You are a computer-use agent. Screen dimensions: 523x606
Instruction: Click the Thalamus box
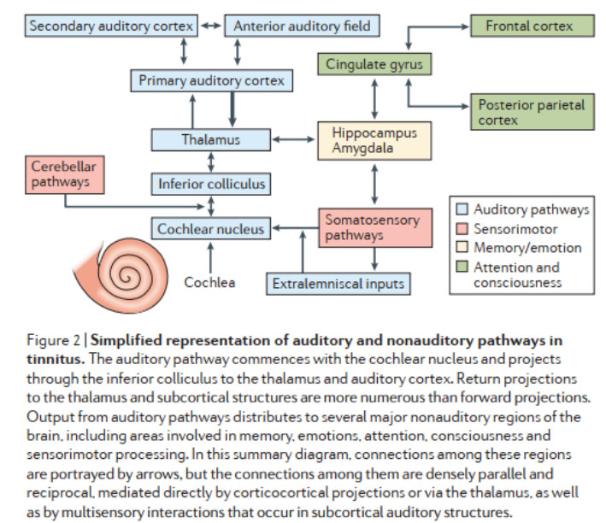point(210,138)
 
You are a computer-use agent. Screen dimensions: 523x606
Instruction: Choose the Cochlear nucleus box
point(211,228)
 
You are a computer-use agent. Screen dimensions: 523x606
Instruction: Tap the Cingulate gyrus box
point(374,64)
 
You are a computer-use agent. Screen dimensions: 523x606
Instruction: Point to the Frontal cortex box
point(532,26)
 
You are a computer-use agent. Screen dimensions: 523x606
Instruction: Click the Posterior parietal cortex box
point(532,112)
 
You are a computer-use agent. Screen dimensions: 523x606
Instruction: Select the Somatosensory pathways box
point(374,227)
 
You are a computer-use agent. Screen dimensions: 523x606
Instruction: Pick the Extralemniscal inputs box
point(338,282)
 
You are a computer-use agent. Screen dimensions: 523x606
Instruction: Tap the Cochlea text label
point(209,281)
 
